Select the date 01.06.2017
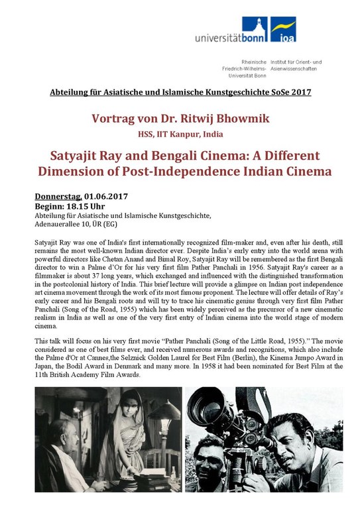[x=106, y=196]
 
